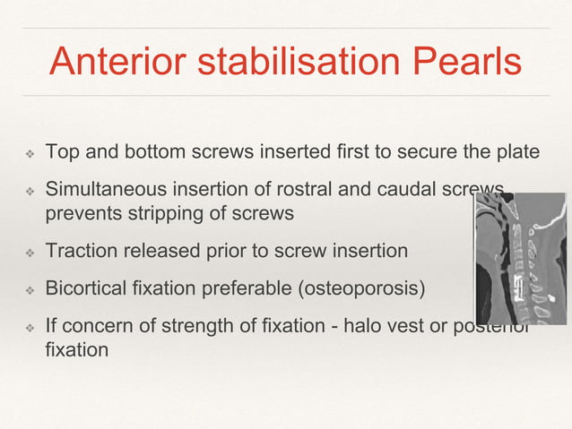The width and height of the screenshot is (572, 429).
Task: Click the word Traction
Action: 80,251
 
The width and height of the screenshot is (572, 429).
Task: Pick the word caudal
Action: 395,191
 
